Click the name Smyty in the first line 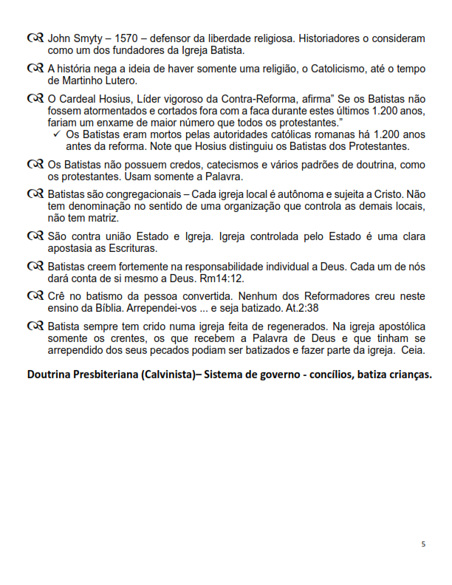86,38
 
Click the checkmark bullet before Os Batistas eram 58,134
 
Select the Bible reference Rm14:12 219,279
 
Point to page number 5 423,545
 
